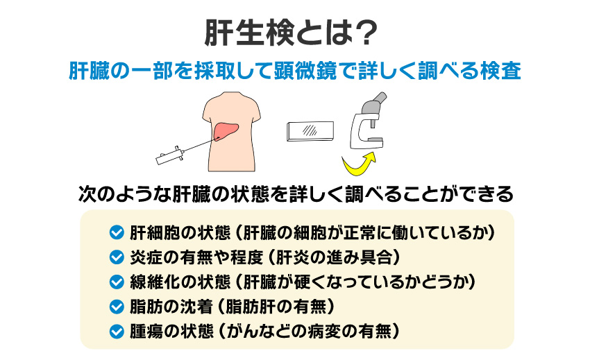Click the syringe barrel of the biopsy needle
[x=171, y=155]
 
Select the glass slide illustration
[x=310, y=130]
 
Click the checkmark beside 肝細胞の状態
[x=117, y=232]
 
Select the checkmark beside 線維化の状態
[x=117, y=282]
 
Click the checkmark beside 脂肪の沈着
[x=117, y=306]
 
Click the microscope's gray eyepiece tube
[x=371, y=104]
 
